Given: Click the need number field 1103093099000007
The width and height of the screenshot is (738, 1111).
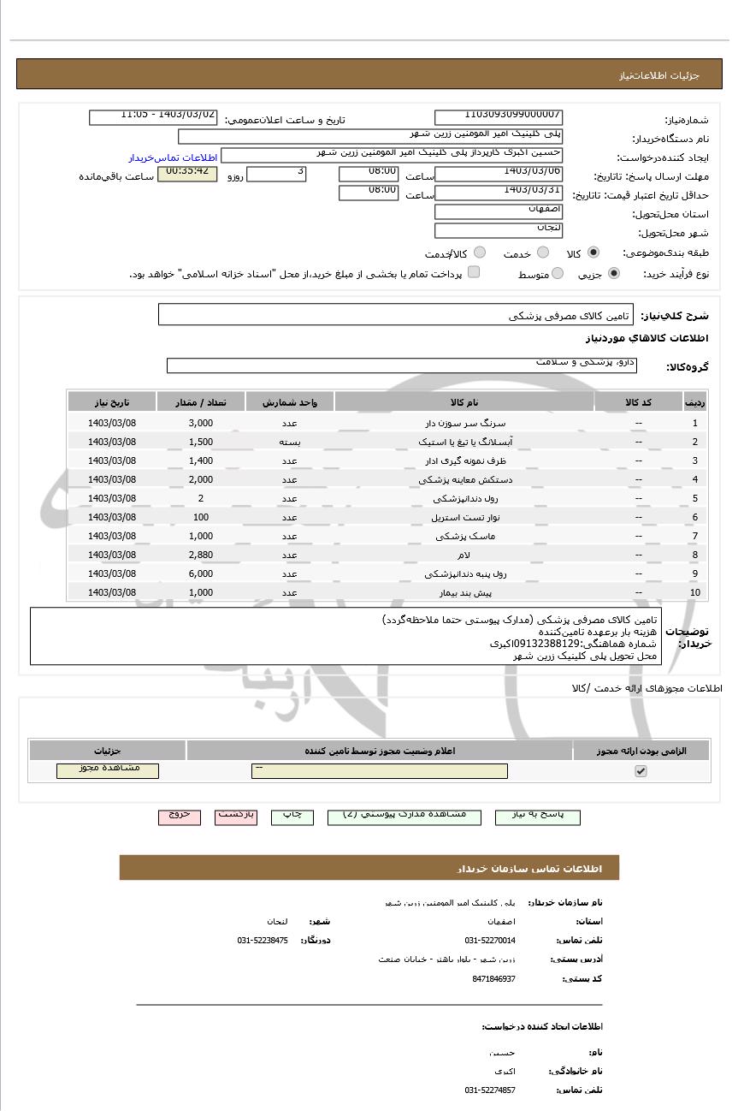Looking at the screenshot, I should pos(499,117).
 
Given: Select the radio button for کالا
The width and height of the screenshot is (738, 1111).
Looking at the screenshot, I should pos(593,253).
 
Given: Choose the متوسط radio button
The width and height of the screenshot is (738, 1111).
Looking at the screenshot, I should pos(558,274).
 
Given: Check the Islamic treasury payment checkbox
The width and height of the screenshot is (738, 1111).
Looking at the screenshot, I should pos(474,273).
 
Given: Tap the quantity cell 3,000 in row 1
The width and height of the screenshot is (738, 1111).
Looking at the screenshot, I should pos(201,423).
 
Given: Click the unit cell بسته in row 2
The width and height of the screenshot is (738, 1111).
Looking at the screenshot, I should pos(290,442).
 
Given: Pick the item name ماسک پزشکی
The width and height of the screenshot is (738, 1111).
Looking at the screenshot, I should pos(465,536).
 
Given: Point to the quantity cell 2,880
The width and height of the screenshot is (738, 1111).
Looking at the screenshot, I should pos(201,555).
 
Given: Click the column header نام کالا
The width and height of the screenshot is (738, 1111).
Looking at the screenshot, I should pos(464,402).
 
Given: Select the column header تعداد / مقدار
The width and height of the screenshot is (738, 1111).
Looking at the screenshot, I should pos(201,402).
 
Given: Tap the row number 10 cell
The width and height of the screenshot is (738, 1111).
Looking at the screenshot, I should pos(694,592).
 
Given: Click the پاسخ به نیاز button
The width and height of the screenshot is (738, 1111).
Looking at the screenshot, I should pos(537,816).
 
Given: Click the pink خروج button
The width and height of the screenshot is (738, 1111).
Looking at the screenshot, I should pos(180,816).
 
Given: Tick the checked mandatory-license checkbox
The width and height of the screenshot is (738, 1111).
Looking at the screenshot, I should pos(641,771).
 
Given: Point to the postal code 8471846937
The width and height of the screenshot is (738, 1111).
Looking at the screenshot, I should pos(493,978).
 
